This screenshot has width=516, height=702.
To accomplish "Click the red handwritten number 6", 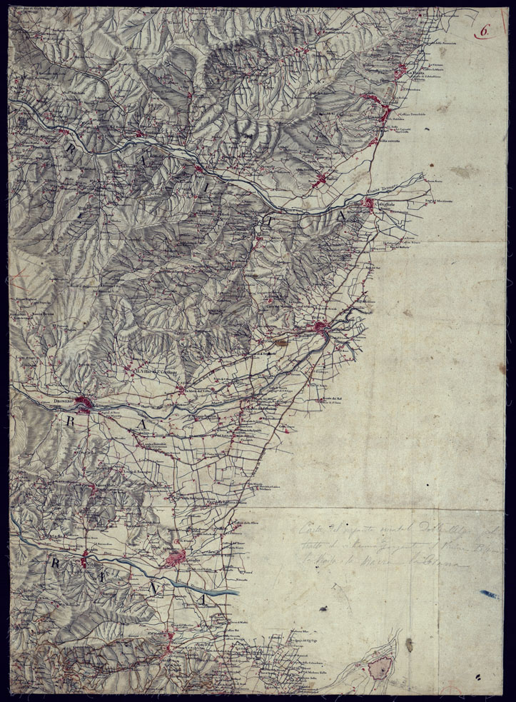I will [484, 31].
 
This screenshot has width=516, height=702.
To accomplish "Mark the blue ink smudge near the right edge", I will [490, 593].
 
